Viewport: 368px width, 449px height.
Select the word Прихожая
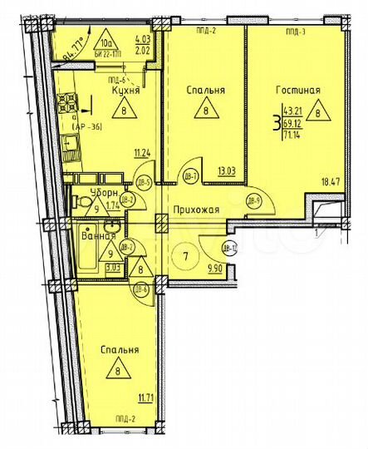(x=196, y=210)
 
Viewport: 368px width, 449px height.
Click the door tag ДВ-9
(x=254, y=199)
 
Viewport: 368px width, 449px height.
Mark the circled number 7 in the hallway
(x=187, y=254)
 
